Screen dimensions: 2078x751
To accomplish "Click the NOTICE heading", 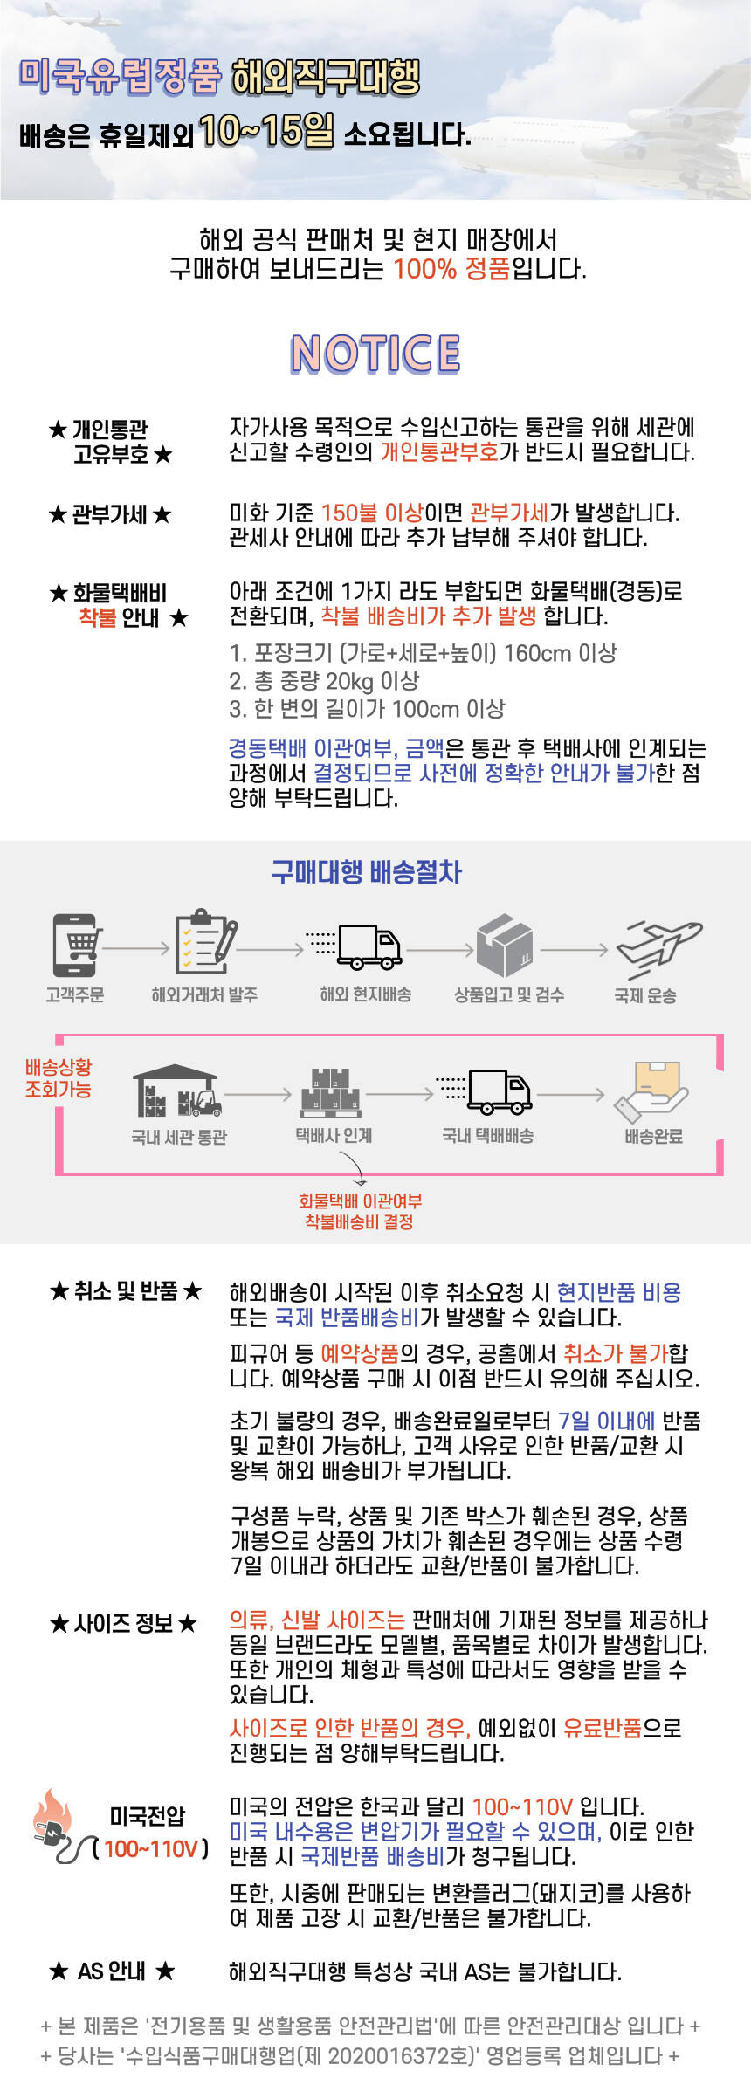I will tap(375, 354).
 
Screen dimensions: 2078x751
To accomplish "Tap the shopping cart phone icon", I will tap(76, 945).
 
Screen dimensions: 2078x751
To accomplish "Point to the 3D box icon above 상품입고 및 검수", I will tap(506, 945).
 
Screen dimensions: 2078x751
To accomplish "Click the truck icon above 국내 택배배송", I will tap(496, 1091).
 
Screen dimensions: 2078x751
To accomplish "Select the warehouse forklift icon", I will tap(177, 1091).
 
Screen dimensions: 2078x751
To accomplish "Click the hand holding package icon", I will tap(651, 1091).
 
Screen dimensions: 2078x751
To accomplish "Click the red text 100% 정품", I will tap(451, 269).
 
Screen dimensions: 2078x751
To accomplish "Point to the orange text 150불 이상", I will tap(372, 513).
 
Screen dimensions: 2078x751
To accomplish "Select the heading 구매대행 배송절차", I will tap(366, 871).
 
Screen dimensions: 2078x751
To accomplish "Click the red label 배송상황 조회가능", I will tap(59, 1077).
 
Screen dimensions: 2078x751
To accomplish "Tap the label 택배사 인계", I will tap(334, 1135).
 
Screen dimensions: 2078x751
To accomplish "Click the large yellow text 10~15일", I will tap(266, 131).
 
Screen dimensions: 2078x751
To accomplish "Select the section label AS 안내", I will tap(112, 1971).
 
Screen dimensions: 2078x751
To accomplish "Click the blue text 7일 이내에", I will tap(606, 1421).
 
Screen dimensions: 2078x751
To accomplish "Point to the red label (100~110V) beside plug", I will tap(151, 1848).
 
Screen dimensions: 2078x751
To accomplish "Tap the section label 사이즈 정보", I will tap(124, 1623).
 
